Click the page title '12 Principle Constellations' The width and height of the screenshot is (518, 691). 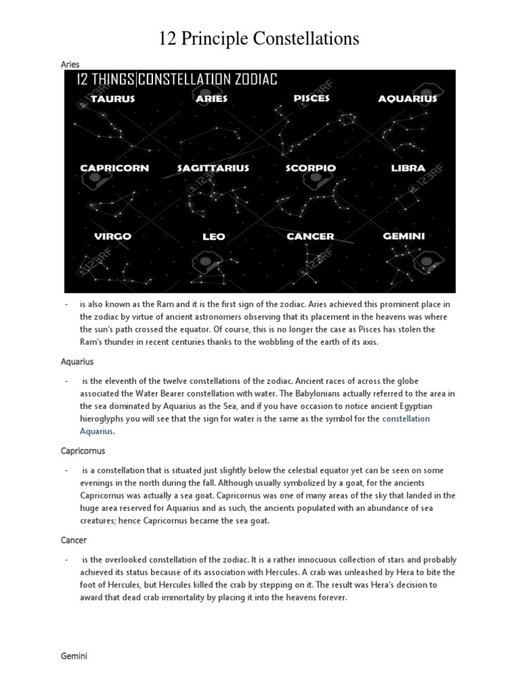point(259,40)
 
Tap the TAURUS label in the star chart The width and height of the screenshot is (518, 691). point(113,99)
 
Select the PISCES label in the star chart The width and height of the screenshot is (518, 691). point(312,99)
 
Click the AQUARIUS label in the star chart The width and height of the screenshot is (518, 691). point(407,99)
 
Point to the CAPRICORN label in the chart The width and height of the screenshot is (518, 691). point(114,168)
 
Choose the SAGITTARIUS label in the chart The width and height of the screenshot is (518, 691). point(213,168)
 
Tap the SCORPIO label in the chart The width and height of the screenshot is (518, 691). point(310,168)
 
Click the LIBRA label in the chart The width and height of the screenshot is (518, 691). point(408,168)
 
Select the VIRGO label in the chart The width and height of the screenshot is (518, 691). point(113,237)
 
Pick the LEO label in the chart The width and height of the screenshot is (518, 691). point(213,237)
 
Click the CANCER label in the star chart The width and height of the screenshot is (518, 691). point(310,237)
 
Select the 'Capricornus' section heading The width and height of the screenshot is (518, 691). point(83,451)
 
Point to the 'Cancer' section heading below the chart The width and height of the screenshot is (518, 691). point(74,541)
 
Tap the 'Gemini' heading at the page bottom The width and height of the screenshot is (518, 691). point(74,655)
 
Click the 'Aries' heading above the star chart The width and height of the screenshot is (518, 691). point(70,65)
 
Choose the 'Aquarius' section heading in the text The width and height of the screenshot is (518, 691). point(77,362)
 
